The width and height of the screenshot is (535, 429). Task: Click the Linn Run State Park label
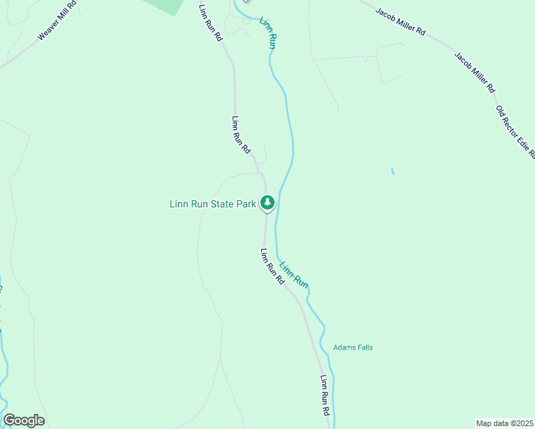pyautogui.click(x=212, y=204)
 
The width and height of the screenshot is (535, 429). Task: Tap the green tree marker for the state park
pyautogui.click(x=267, y=203)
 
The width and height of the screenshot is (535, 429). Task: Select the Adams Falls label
pyautogui.click(x=353, y=348)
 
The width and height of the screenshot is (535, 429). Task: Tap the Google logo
pyautogui.click(x=24, y=420)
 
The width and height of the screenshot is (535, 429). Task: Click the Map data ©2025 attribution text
pyautogui.click(x=504, y=423)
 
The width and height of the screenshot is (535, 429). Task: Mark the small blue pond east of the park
pyautogui.click(x=392, y=172)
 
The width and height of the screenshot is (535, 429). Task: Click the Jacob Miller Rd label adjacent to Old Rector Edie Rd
pyautogui.click(x=473, y=72)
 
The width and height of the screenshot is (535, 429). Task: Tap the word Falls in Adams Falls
pyautogui.click(x=364, y=348)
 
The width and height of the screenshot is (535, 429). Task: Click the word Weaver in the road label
pyautogui.click(x=48, y=31)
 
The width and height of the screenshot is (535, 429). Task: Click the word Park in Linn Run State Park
pyautogui.click(x=246, y=204)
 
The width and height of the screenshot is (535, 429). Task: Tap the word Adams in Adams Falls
pyautogui.click(x=343, y=348)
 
